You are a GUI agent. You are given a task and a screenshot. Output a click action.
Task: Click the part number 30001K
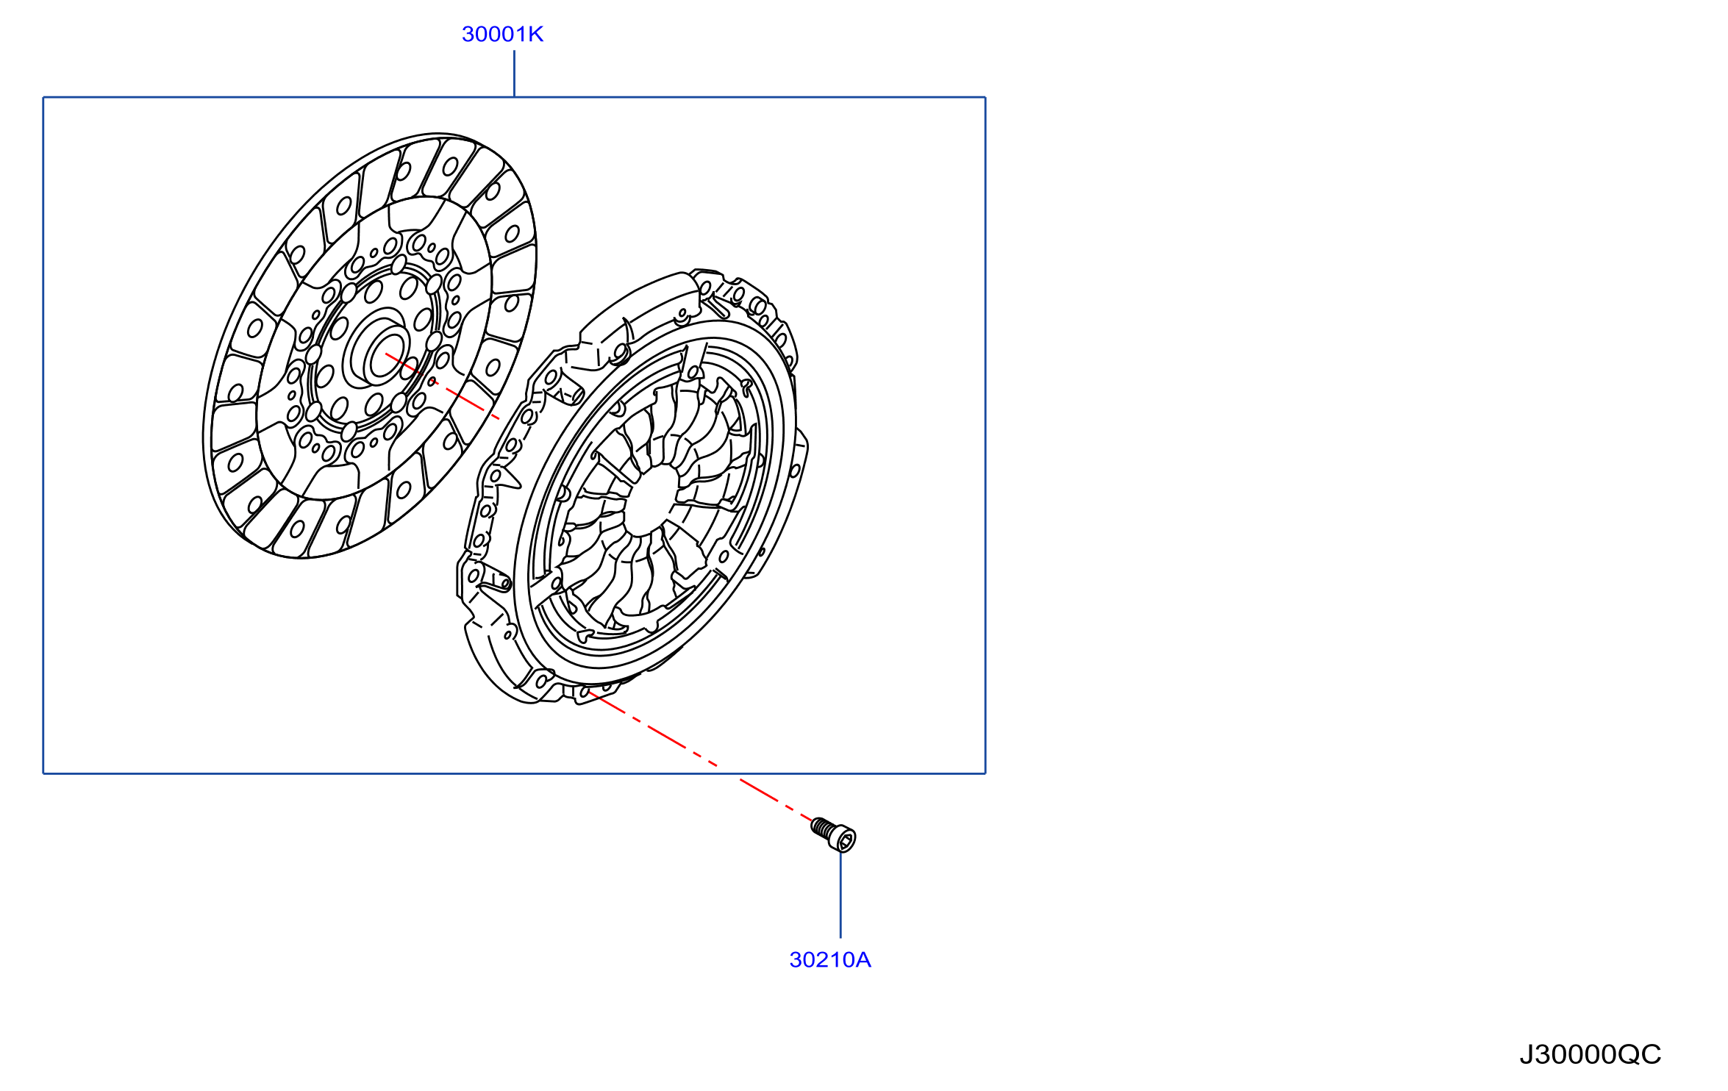(x=502, y=35)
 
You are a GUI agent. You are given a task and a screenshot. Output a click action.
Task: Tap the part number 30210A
(x=830, y=960)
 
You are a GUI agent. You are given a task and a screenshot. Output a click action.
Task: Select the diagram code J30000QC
(x=1590, y=1054)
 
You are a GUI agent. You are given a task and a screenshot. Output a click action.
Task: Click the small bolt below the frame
(x=834, y=834)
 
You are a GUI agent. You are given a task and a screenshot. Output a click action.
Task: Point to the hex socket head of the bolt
(x=846, y=840)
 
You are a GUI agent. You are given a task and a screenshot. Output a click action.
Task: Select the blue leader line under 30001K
(x=514, y=74)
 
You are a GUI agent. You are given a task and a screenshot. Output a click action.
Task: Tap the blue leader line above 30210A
(x=840, y=895)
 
